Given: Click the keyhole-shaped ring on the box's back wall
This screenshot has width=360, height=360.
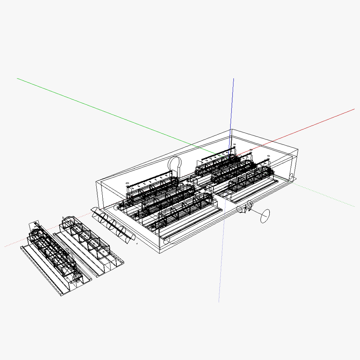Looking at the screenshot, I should click(x=175, y=164).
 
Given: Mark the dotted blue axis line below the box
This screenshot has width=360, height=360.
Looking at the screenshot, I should click(x=221, y=270).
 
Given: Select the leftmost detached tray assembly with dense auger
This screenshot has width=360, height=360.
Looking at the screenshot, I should click(x=54, y=258).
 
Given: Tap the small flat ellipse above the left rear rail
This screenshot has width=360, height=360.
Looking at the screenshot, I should click(x=127, y=183).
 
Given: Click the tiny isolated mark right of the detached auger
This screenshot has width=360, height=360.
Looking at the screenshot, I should click(x=137, y=244).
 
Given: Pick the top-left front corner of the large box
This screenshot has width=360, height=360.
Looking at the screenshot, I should click(x=96, y=181).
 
